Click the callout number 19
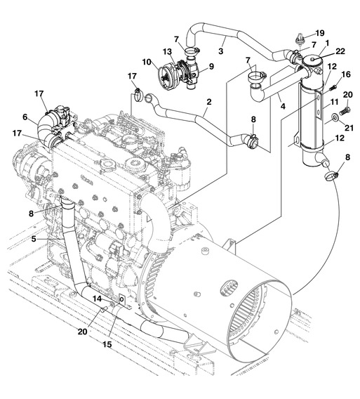coord(320,33)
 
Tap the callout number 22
coord(340,51)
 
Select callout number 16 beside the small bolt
coord(346,74)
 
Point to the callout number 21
coord(349,127)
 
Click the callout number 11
coord(334,102)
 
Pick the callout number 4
coord(283,106)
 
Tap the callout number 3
coord(220,51)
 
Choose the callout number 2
coord(209,102)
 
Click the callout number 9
coord(211,66)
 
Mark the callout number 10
coord(147,62)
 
